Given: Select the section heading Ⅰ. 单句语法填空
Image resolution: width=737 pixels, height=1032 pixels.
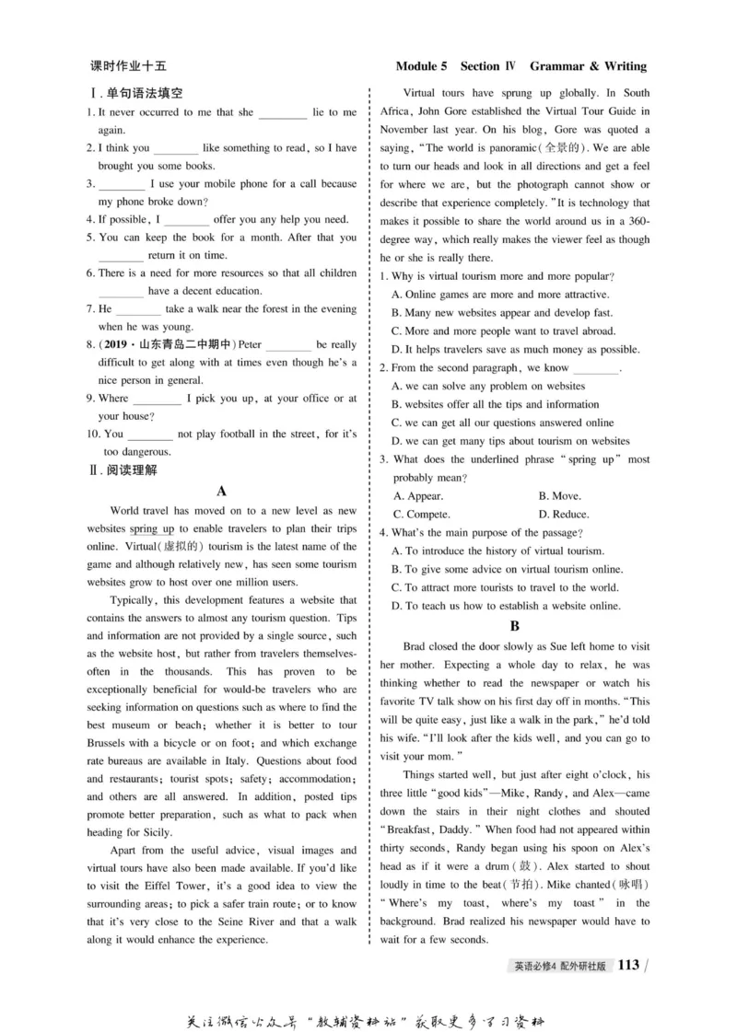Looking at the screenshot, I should click(136, 93).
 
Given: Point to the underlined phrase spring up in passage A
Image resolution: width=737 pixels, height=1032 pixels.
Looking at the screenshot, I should click(152, 529).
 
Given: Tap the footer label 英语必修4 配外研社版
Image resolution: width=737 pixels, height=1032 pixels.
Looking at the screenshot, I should click(564, 966).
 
